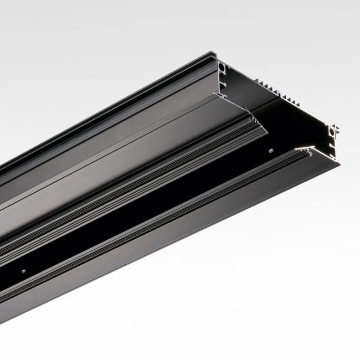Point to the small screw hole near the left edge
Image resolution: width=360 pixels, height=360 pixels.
[x=23, y=271]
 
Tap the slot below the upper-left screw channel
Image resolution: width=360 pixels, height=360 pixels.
[x=223, y=83]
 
